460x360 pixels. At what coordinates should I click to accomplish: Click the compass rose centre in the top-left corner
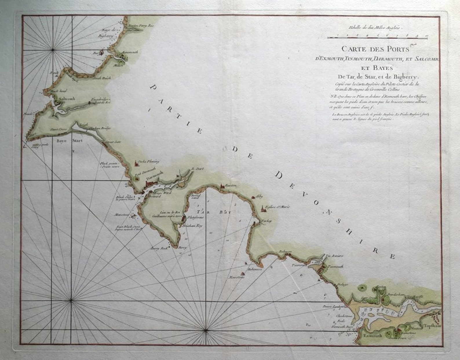pos(53,50)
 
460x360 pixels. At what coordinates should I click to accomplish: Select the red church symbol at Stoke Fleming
pos(136,164)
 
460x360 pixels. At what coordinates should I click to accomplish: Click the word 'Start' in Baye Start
pos(77,141)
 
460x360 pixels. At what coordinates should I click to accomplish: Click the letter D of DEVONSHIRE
pos(279,175)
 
